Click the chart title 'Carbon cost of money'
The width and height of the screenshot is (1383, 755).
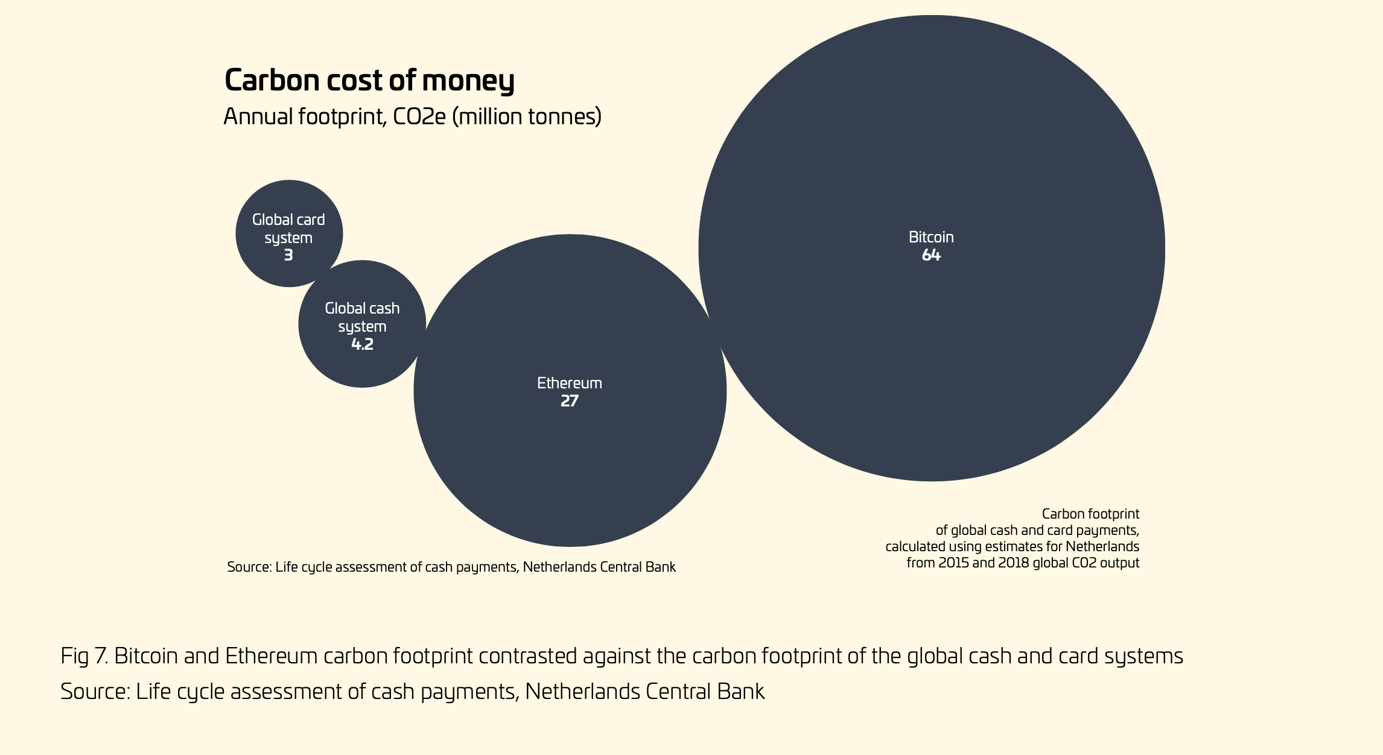[x=369, y=80]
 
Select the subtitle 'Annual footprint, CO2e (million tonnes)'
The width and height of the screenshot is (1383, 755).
[x=412, y=116]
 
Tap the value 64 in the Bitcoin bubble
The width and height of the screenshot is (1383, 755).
[x=931, y=255]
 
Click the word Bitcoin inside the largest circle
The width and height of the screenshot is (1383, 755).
[x=931, y=237]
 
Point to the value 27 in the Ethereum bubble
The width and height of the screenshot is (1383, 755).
[x=570, y=401]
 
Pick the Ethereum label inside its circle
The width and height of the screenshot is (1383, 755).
[x=570, y=383]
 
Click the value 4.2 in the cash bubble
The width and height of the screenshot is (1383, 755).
[x=362, y=344]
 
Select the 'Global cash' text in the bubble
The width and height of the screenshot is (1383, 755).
[x=362, y=308]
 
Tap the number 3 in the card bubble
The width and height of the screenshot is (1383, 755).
[x=288, y=255]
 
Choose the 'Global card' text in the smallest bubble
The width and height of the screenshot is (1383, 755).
[x=288, y=220]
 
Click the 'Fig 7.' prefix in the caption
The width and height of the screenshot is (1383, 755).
[x=84, y=656]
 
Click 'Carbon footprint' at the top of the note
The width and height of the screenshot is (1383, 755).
[x=1090, y=514]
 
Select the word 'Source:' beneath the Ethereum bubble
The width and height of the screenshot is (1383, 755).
[x=249, y=567]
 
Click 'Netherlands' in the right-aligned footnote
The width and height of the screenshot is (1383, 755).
[x=1102, y=547]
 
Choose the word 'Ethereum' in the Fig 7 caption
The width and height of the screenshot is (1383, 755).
[x=271, y=656]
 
